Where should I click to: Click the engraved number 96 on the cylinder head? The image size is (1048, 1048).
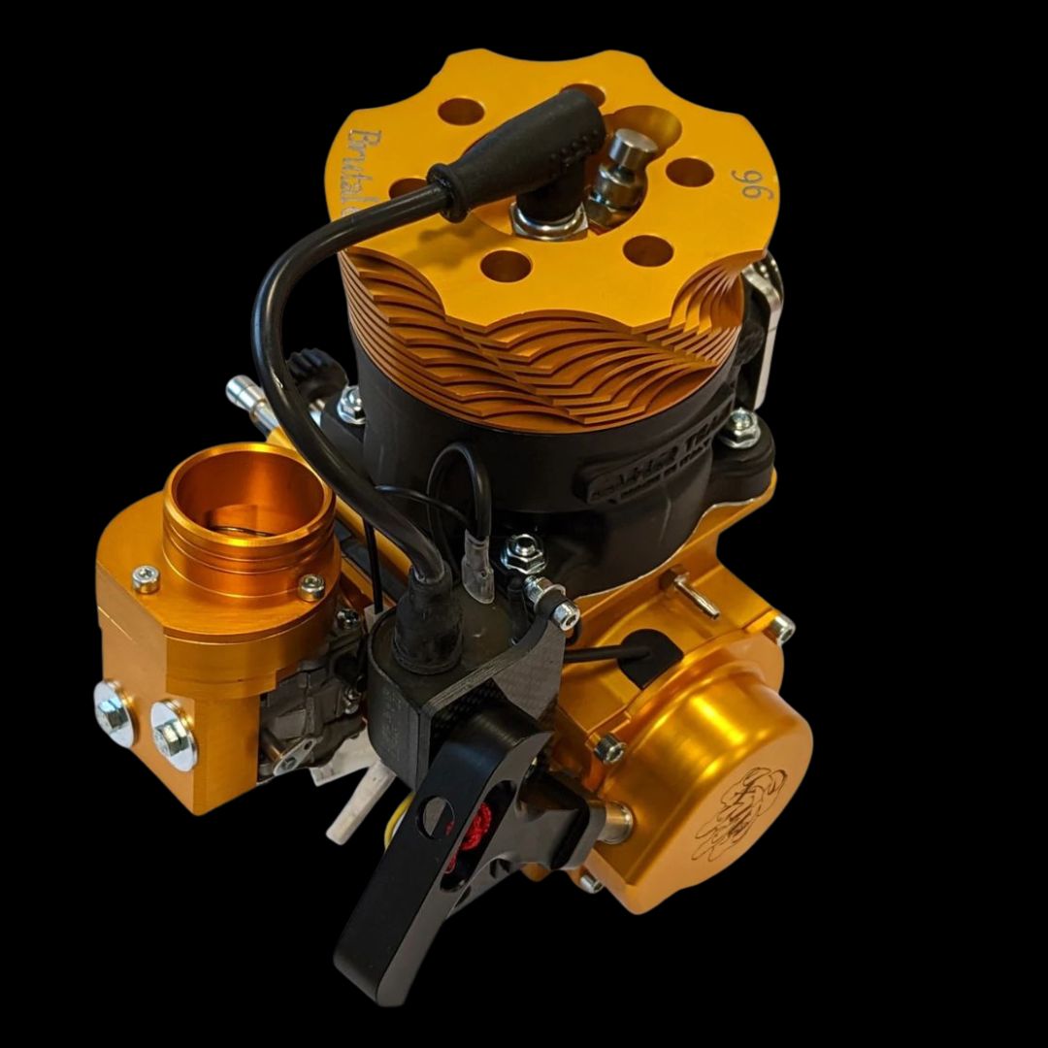click(x=748, y=183)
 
